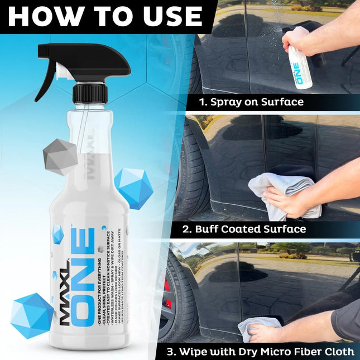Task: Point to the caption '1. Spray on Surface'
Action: tap(244, 102)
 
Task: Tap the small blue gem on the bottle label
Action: tap(58, 234)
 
